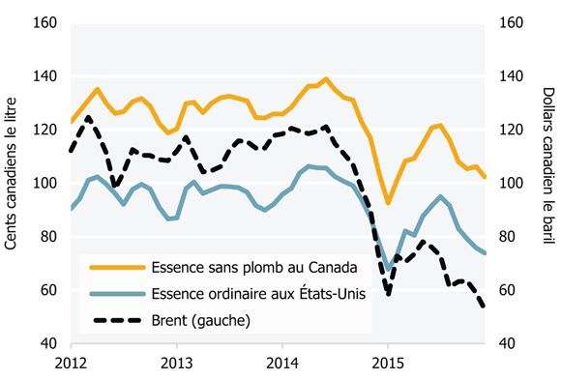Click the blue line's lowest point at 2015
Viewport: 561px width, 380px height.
coord(388,268)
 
